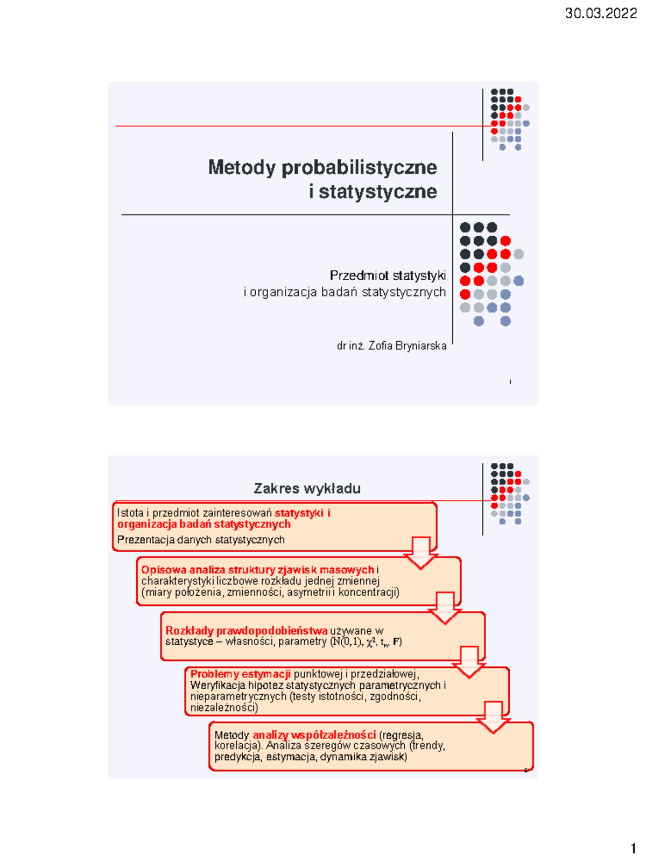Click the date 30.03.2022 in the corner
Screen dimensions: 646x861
pyautogui.click(x=601, y=13)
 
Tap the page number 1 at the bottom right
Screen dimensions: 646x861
pyautogui.click(x=633, y=849)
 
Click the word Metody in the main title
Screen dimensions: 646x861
pyautogui.click(x=242, y=167)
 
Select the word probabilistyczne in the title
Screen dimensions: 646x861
pyautogui.click(x=359, y=167)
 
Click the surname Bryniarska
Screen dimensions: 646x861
pyautogui.click(x=421, y=345)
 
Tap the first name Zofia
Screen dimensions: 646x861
pyautogui.click(x=380, y=345)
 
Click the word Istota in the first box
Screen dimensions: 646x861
pyautogui.click(x=130, y=513)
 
